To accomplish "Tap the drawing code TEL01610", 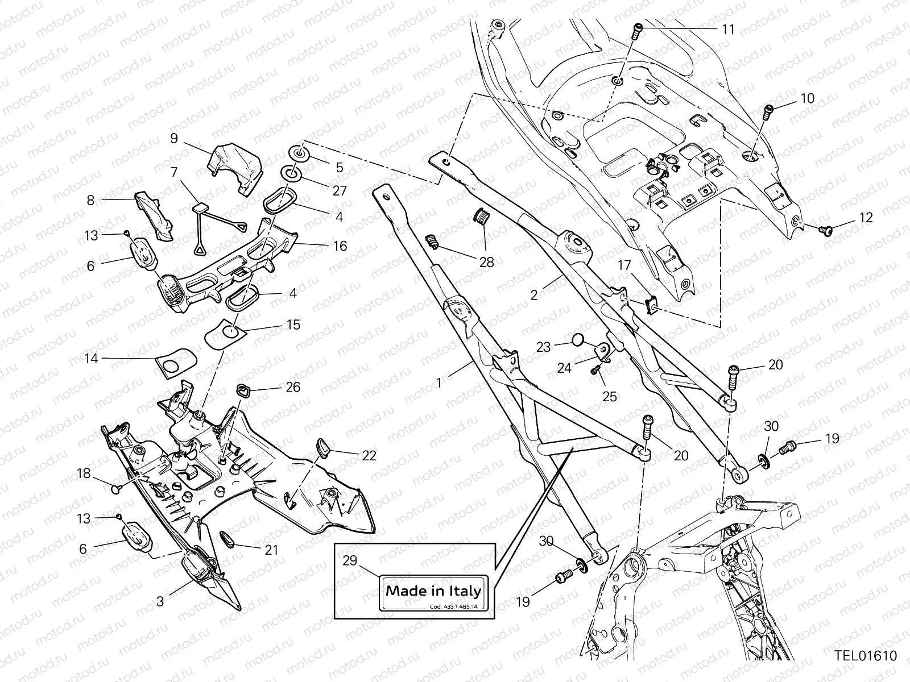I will point(866,656).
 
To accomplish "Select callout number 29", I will point(350,561).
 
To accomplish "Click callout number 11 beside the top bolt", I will point(729,29).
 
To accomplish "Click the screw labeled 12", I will point(827,230).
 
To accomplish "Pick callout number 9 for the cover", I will point(174,138).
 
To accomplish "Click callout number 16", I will point(340,246).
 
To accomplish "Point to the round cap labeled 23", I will point(578,340).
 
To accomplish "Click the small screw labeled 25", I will point(595,370).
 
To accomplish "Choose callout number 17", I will point(624,265).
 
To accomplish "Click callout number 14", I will point(91,359).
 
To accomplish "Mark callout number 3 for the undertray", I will point(160,600).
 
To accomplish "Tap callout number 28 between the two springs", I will point(487,262).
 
